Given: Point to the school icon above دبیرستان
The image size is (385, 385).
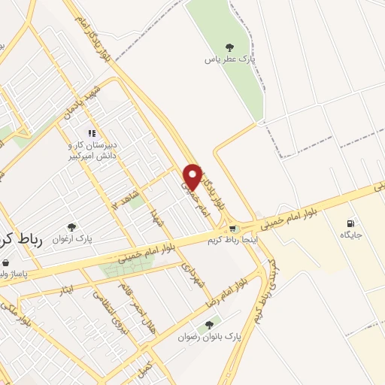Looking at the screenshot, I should coord(92,133).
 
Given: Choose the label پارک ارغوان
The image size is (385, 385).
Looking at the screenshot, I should coord(72,240).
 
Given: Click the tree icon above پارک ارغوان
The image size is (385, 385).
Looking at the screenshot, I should coord(72,226).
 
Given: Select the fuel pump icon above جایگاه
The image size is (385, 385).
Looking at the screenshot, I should coord(350,223).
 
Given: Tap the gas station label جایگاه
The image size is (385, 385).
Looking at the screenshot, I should coord(350,235).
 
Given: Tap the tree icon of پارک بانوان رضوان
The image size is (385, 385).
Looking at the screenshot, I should coord(209,325).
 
